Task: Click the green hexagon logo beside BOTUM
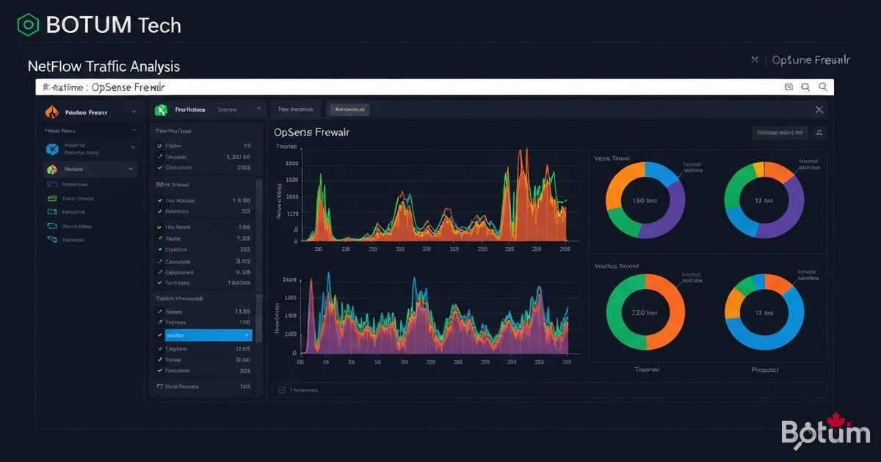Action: (28, 25)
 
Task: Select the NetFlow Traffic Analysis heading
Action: (104, 66)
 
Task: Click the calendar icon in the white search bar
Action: (789, 87)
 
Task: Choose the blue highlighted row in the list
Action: (204, 334)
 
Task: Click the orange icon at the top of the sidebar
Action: (51, 112)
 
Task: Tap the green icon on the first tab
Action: (161, 110)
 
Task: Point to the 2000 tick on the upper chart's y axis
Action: (291, 164)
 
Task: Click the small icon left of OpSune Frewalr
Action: (754, 59)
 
